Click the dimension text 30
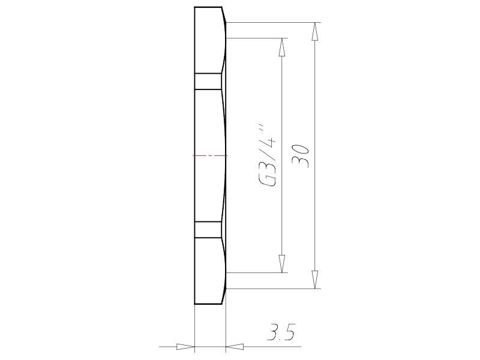click(x=301, y=156)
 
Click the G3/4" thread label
click(x=267, y=155)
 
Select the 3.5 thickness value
click(x=281, y=332)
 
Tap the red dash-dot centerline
click(x=210, y=155)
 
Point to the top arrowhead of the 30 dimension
click(x=314, y=31)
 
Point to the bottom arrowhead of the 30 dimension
click(x=314, y=280)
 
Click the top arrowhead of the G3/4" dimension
click(x=281, y=47)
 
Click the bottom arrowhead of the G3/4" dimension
click(x=281, y=263)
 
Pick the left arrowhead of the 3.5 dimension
click(x=186, y=347)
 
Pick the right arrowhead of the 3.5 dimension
click(x=235, y=347)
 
